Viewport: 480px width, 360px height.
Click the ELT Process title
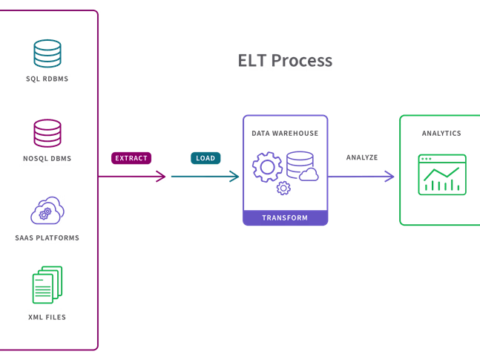pos(285,61)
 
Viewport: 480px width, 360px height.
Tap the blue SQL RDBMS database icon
pos(47,53)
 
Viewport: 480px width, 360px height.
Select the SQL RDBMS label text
pos(47,79)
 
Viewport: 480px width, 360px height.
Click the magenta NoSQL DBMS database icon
pos(47,134)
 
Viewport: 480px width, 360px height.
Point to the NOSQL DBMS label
pos(47,159)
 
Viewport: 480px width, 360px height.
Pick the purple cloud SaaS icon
pos(47,211)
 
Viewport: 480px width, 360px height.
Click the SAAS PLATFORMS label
pos(47,238)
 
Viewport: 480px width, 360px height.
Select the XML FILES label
pos(47,317)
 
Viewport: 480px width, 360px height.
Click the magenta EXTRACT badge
pos(131,158)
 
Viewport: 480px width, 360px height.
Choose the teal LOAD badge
pos(205,158)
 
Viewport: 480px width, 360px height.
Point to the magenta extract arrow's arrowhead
pos(162,176)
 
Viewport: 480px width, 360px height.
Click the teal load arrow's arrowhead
pos(234,176)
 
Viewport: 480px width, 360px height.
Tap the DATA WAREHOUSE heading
pos(285,134)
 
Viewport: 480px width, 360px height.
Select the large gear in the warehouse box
pos(267,166)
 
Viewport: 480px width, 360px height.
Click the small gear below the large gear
pos(283,189)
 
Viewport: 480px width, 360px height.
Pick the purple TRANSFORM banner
pos(285,218)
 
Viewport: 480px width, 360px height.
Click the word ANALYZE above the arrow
pos(362,158)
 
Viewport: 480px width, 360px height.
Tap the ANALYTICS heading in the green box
pos(441,134)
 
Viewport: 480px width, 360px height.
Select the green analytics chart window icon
pos(442,175)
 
